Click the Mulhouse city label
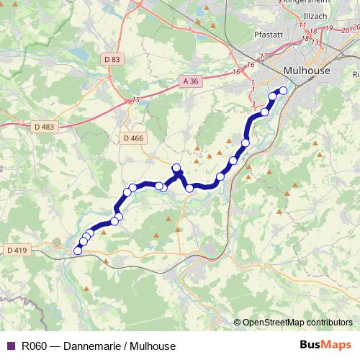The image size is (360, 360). point(307,71)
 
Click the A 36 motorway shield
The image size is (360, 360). point(190,81)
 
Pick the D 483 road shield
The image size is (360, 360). point(44,127)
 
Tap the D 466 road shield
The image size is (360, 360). point(133,138)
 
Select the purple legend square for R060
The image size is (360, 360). point(10,346)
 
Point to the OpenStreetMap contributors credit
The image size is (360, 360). point(297,322)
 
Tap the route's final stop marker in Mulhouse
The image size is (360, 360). point(283,91)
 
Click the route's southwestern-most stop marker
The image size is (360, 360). point(78,251)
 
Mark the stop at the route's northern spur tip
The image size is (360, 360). point(176,168)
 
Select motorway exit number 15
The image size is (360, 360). point(135,100)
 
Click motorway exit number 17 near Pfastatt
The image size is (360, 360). point(264,56)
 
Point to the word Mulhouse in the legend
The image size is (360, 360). point(150,346)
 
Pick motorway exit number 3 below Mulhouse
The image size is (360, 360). point(253,104)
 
